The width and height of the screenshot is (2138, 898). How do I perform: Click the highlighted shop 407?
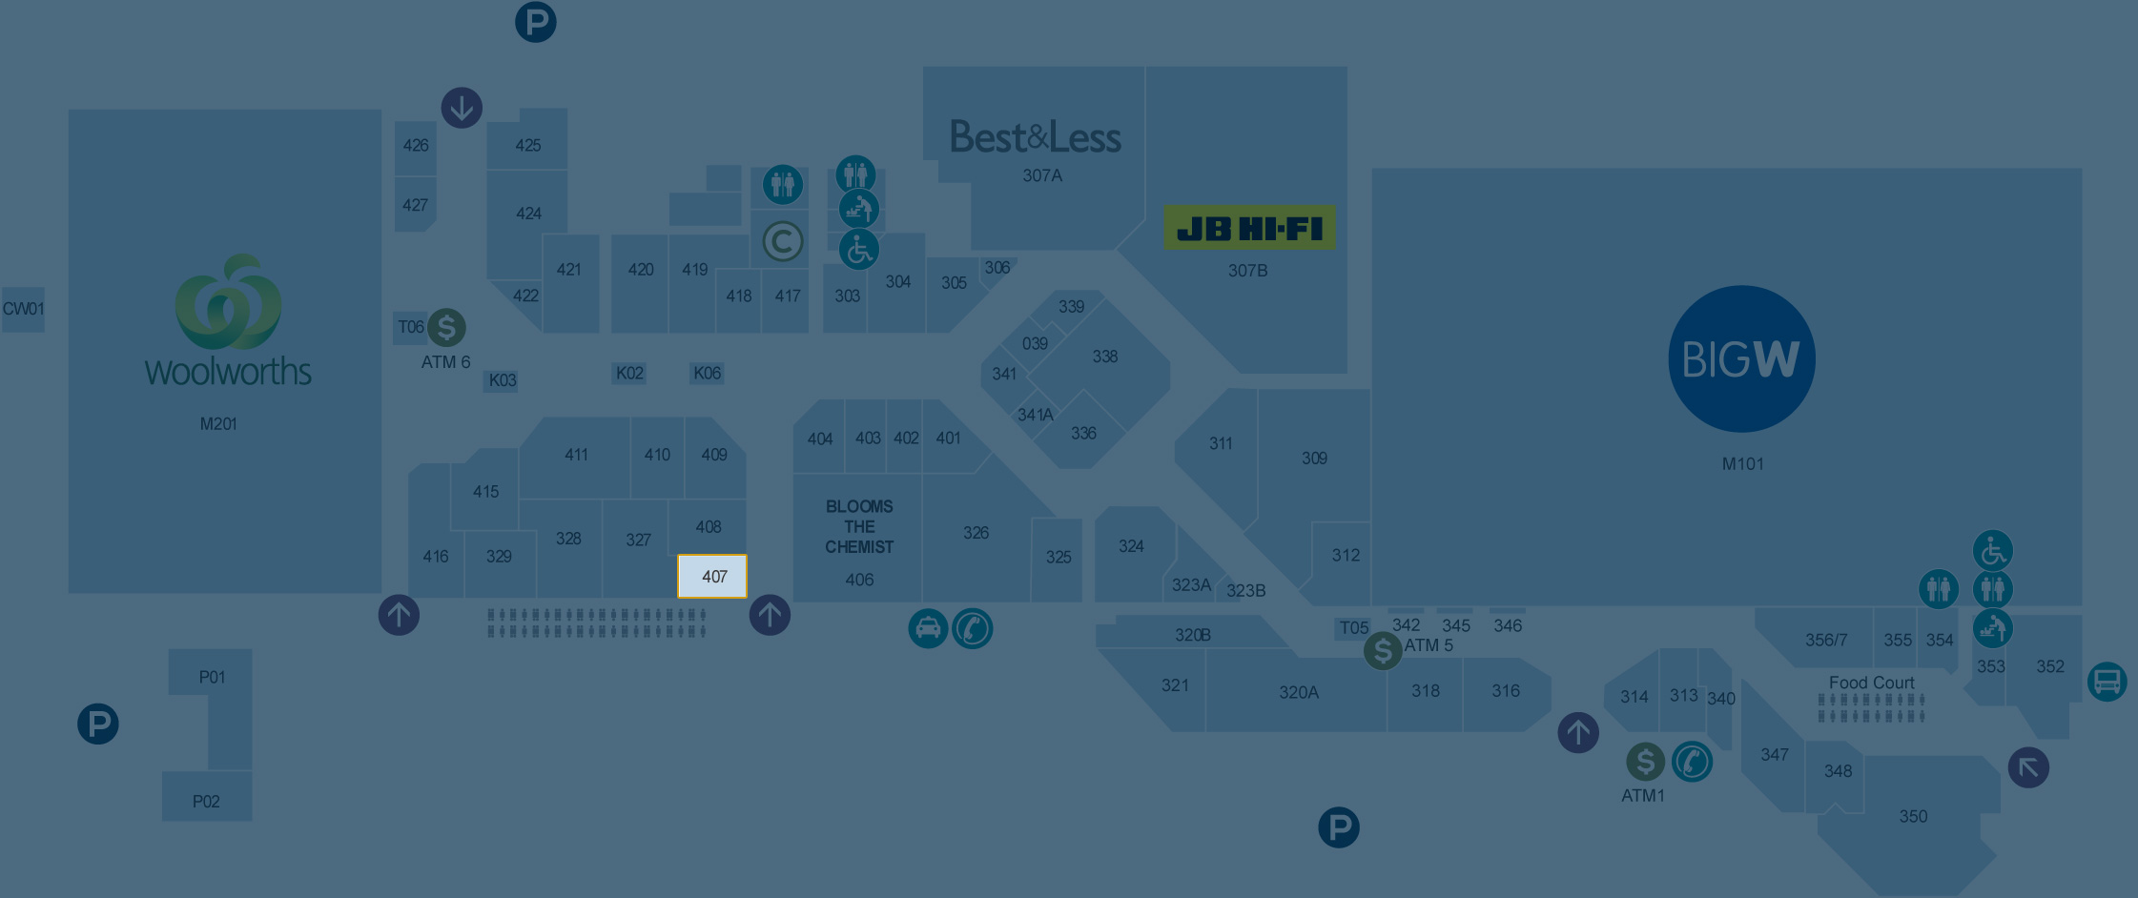712,576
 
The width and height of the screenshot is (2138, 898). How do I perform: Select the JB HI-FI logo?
1249,228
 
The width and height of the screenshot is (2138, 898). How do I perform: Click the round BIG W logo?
1741,358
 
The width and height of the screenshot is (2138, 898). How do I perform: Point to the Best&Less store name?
1036,137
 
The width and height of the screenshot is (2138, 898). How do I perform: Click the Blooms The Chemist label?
859,526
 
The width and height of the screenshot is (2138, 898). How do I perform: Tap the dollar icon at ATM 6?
446,327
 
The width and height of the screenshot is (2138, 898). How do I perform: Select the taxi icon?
928,628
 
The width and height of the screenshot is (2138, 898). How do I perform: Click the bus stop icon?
2107,682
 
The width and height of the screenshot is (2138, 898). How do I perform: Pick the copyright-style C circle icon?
783,241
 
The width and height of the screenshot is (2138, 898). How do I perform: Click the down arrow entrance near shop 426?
462,108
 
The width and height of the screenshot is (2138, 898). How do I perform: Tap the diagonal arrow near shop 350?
2028,767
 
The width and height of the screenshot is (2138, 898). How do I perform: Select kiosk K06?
707,373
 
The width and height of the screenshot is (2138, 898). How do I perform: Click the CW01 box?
23,309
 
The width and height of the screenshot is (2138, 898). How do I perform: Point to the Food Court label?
1871,683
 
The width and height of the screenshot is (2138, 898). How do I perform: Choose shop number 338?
1104,357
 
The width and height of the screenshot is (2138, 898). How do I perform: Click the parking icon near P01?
98,724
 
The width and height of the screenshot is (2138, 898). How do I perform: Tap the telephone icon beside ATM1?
1693,762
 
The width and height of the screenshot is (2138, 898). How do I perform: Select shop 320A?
1298,692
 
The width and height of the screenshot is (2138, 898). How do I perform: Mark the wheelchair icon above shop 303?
858,250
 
